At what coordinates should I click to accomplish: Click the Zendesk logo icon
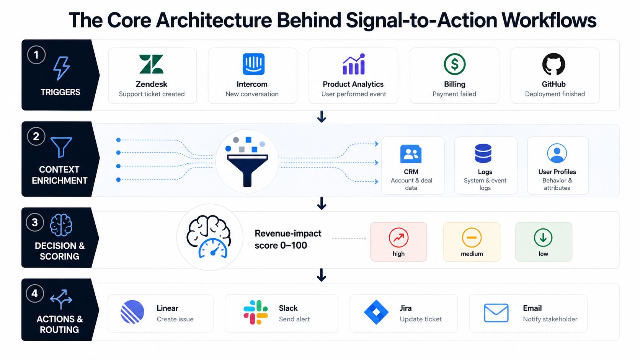[x=151, y=64]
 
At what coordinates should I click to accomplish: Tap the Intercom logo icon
[x=253, y=64]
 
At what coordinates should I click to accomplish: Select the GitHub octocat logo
[x=554, y=64]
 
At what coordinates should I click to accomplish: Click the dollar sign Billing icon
[x=455, y=64]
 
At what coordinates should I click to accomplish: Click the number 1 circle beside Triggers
[x=36, y=55]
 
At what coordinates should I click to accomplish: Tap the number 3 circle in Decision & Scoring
[x=35, y=222]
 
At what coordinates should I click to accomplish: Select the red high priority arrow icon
[x=398, y=238]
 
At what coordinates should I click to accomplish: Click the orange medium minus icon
[x=472, y=238]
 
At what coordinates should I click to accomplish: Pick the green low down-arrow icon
[x=543, y=238]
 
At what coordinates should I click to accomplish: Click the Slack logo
[x=256, y=312]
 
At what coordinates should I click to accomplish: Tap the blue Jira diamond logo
[x=376, y=312]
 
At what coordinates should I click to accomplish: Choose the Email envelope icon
[x=496, y=313]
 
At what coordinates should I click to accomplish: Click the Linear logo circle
[x=132, y=312]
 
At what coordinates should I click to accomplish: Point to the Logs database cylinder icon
[x=483, y=153]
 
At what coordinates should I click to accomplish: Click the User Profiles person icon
[x=557, y=153]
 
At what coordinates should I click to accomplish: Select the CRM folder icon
[x=411, y=154]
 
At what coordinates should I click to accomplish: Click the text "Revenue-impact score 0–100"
[x=288, y=239]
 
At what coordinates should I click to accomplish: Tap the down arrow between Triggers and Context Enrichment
[x=322, y=117]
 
